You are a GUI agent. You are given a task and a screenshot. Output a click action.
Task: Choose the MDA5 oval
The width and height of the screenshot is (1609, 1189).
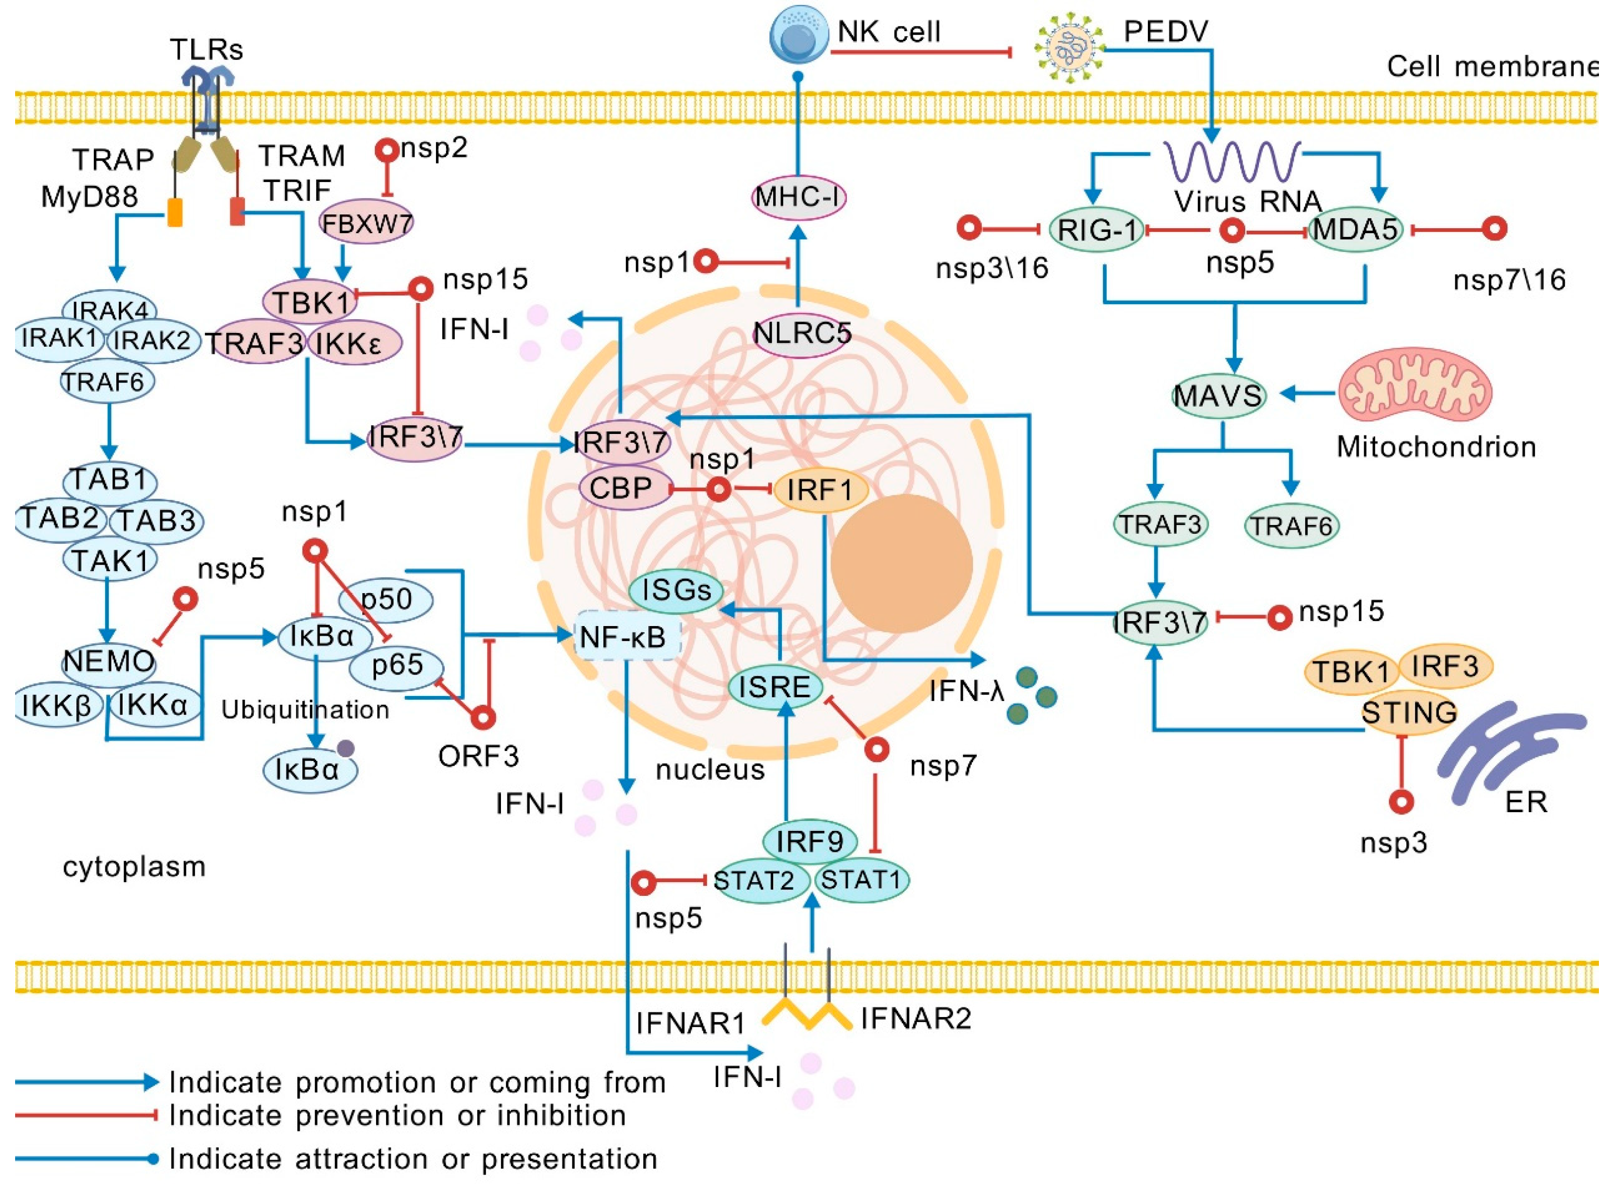point(1356,231)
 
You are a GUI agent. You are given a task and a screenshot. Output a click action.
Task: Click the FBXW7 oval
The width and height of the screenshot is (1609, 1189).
point(366,223)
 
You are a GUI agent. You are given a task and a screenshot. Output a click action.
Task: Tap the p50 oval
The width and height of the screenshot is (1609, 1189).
point(388,599)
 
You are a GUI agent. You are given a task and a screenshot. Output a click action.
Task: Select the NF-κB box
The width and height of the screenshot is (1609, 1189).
point(627,636)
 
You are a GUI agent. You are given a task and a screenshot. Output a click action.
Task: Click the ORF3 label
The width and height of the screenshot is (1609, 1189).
point(478,756)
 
